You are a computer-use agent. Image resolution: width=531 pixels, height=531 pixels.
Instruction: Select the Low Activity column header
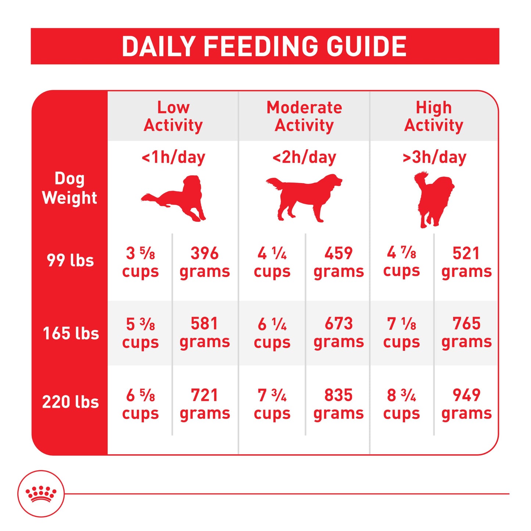click(173, 116)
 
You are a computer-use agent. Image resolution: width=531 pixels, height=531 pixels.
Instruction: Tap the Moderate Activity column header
click(304, 116)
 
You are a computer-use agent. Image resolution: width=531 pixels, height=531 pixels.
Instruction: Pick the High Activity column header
click(434, 116)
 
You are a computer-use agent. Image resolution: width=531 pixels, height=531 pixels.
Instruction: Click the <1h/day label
click(173, 157)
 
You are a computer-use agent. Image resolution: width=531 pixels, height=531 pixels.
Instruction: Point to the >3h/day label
click(434, 157)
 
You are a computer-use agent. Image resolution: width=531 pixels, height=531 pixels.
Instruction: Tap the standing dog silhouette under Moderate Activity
click(304, 198)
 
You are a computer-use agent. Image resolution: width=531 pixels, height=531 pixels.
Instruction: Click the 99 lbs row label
click(70, 261)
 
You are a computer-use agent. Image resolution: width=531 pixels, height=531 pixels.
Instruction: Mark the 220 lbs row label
click(71, 402)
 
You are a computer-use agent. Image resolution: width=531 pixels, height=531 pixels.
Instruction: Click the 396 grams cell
click(205, 262)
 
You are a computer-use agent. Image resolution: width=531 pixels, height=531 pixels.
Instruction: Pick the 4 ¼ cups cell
click(272, 262)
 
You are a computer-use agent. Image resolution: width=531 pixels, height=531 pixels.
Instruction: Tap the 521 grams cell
click(466, 262)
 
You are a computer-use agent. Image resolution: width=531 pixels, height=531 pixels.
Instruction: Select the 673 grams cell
click(338, 333)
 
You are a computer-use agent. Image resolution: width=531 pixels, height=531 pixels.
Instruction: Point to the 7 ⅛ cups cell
click(401, 333)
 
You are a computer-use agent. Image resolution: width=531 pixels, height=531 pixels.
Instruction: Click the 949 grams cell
click(466, 404)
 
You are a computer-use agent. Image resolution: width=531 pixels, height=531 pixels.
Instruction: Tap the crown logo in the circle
click(41, 494)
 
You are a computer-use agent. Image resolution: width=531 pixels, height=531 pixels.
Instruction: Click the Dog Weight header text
click(69, 188)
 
